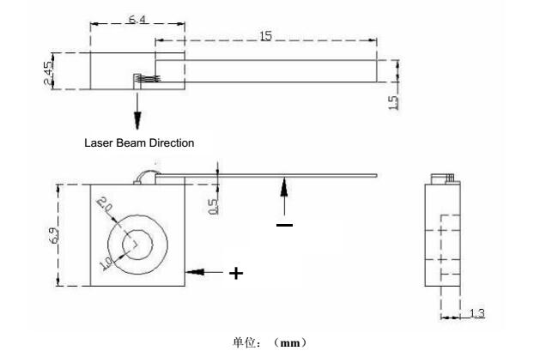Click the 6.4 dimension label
coord(137,19)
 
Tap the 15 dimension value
coord(266,36)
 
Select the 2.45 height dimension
coord(49,73)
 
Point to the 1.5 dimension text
coord(393,103)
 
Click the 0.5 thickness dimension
coord(214,207)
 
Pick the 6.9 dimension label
coord(54,235)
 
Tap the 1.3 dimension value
coord(477,312)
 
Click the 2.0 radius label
coord(104,203)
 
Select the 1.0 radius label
coord(106,263)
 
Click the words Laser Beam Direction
coord(139,142)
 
